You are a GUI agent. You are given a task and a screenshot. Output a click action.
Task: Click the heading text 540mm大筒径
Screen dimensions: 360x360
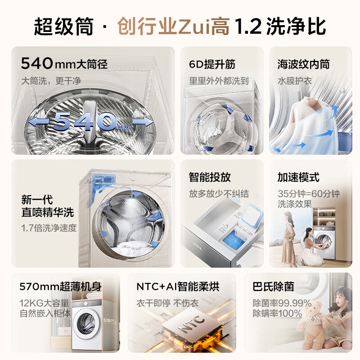coord(64,63)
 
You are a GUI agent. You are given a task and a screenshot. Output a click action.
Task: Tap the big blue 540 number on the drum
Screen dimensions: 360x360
coord(85,121)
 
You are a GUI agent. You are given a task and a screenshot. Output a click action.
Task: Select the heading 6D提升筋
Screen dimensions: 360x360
coord(212,64)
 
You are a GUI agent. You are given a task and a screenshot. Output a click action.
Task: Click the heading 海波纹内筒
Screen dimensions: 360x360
coord(303,64)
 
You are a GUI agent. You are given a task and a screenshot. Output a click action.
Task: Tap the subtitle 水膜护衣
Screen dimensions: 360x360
coord(295,81)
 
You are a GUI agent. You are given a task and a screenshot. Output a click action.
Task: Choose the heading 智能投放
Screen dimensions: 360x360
coord(210,177)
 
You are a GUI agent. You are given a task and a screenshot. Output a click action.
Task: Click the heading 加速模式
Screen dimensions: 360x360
coord(298,177)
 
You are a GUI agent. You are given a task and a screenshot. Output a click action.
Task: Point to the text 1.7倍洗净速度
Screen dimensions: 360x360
coord(49,228)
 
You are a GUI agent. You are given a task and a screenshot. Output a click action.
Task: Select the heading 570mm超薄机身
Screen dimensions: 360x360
coord(61,287)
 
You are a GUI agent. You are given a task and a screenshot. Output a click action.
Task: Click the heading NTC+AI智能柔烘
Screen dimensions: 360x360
coord(178,287)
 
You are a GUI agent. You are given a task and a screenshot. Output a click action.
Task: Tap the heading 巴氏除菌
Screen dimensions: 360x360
coord(273,287)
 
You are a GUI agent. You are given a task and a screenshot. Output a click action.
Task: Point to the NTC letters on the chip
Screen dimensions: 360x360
coord(191,324)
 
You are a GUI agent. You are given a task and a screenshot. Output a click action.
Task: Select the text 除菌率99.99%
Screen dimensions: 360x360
coord(282,303)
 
